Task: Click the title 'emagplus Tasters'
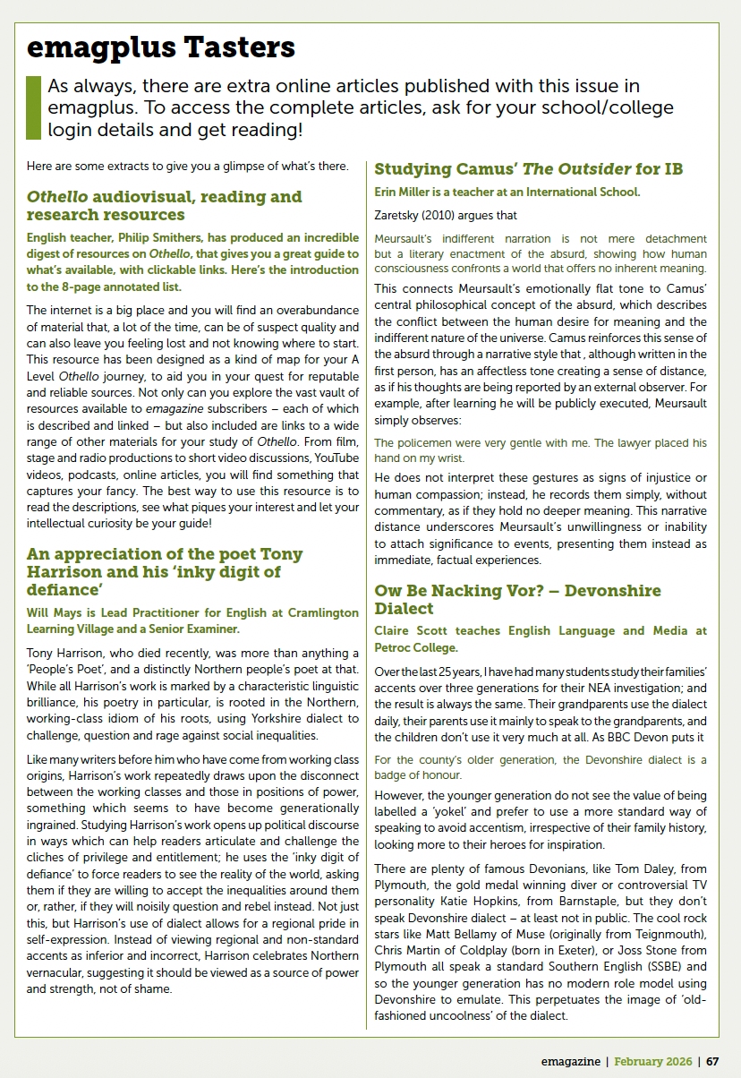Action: click(160, 47)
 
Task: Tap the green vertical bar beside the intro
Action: click(34, 107)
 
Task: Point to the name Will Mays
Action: click(53, 612)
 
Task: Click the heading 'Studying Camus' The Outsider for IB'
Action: click(529, 169)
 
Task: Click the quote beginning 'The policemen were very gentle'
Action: click(540, 451)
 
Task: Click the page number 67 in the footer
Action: click(712, 1061)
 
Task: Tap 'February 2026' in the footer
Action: click(652, 1061)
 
